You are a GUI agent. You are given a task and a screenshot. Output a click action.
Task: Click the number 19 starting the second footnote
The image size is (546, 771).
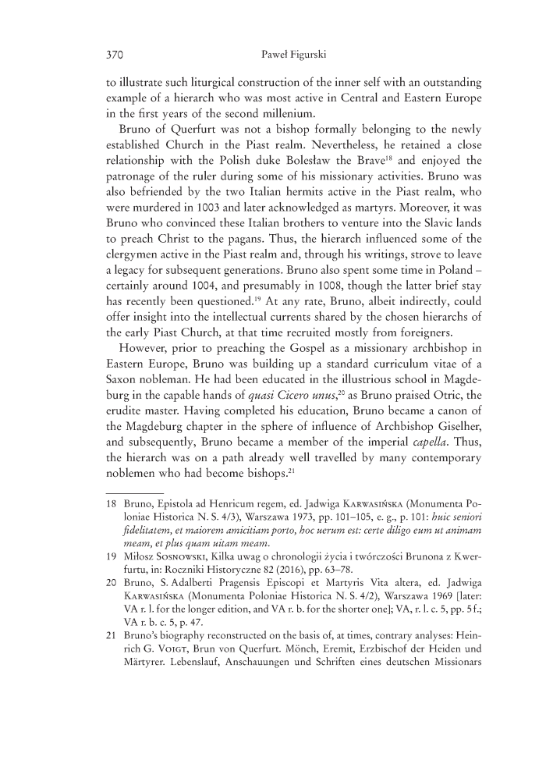point(111,577)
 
